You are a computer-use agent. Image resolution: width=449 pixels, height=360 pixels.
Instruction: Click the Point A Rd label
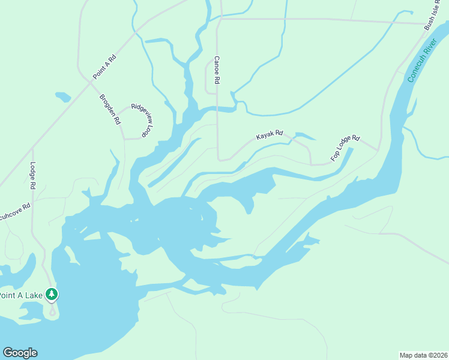(x=104, y=67)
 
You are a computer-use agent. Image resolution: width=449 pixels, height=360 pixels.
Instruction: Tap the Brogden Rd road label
(x=110, y=109)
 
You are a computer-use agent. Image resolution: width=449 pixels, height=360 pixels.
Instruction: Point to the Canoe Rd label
(x=217, y=70)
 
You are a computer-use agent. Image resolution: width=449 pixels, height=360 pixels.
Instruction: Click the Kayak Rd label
(x=269, y=136)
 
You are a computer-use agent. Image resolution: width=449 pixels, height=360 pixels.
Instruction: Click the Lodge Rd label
(x=33, y=176)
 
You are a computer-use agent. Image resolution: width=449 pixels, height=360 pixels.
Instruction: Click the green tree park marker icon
(x=53, y=294)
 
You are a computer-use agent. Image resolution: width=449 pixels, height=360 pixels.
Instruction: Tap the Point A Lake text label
(x=21, y=295)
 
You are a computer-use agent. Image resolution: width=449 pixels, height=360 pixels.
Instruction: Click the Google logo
(x=20, y=353)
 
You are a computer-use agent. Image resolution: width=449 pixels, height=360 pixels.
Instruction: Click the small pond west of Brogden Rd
(x=62, y=97)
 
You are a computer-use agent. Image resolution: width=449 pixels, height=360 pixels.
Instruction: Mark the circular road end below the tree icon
(x=53, y=311)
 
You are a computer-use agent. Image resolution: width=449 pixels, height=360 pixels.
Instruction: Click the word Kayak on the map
(x=265, y=137)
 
